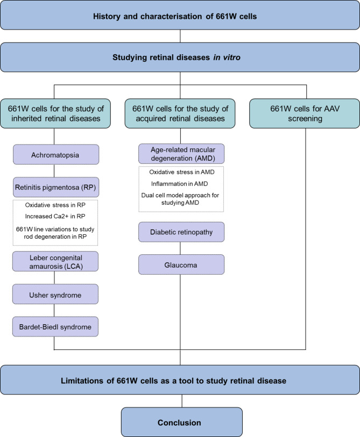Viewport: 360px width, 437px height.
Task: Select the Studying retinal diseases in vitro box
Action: point(180,57)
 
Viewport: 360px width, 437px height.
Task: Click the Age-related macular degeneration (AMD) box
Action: point(181,155)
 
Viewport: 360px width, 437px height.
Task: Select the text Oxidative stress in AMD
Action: point(181,174)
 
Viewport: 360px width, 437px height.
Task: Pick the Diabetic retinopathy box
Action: point(181,232)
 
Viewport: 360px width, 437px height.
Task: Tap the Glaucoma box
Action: point(181,264)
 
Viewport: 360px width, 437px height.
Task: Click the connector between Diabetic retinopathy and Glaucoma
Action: point(181,248)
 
